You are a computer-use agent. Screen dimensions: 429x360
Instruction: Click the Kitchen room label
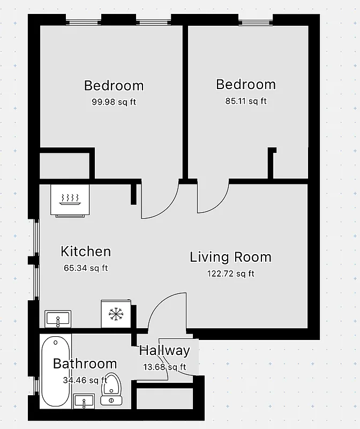coord(86,252)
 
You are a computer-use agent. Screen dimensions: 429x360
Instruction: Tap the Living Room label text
coord(230,257)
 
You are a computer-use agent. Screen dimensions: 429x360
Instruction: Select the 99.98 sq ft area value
coord(114,102)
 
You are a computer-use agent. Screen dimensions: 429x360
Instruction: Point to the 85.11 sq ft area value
coord(246,100)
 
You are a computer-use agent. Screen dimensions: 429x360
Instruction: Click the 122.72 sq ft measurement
coord(231,273)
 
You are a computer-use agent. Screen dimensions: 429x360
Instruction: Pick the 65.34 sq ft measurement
coord(86,268)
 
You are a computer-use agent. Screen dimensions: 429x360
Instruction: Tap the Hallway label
coord(164,351)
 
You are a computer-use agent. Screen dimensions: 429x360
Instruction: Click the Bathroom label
coord(85,364)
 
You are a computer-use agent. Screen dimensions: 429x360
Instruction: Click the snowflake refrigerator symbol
coord(115,314)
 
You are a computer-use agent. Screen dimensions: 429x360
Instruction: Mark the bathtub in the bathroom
coord(56,370)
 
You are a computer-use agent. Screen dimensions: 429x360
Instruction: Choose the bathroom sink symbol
coord(84,400)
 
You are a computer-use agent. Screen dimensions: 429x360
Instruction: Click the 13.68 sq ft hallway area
coord(165,367)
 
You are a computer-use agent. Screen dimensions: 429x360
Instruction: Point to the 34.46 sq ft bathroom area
coord(84,381)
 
